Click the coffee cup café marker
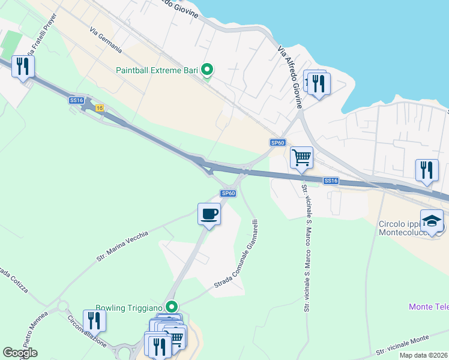(209, 214)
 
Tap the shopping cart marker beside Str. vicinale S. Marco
(301, 158)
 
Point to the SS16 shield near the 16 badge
(76, 100)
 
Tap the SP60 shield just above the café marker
(228, 193)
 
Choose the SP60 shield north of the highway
(277, 142)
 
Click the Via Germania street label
(106, 40)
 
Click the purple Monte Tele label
(428, 307)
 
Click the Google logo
(20, 353)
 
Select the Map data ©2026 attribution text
(424, 355)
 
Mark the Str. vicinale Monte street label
(411, 344)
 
